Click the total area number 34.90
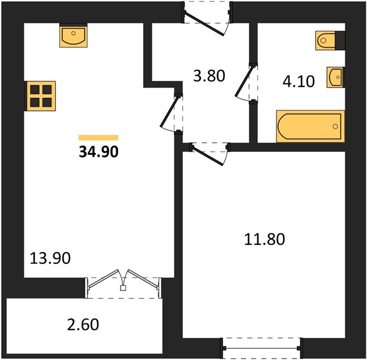point(99,152)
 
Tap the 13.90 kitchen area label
point(50,258)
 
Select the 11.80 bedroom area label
point(264,239)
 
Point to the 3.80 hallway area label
point(209,76)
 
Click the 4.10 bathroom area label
point(299,82)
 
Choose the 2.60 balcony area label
point(83,325)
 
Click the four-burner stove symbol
point(40,96)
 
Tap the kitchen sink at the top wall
point(74,35)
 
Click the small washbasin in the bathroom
point(336,77)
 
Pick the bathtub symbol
point(311,126)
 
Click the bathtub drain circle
point(335,126)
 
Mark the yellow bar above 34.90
point(98,138)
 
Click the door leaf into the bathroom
point(244,81)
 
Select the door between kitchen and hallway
point(169,112)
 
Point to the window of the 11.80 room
point(261,348)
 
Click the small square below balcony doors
point(123,288)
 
